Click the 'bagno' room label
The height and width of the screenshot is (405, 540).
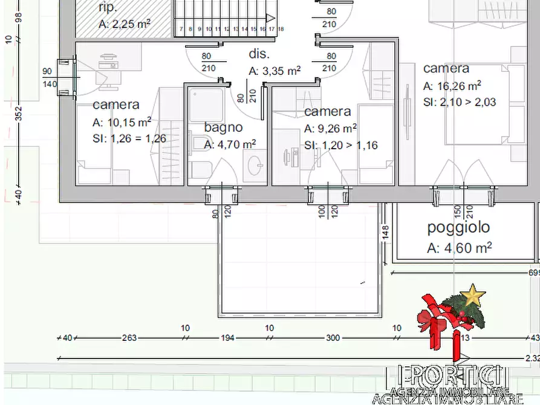click(x=223, y=128)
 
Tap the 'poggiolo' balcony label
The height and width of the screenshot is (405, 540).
click(x=458, y=228)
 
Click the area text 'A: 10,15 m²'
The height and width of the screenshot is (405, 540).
click(x=122, y=122)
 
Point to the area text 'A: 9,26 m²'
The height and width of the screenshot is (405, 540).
click(x=330, y=128)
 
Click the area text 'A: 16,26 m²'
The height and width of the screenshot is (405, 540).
click(x=452, y=85)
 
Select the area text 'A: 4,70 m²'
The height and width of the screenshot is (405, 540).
click(x=230, y=144)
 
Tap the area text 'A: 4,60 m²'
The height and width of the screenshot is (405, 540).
click(x=459, y=247)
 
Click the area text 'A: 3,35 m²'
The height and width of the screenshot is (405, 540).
click(x=275, y=71)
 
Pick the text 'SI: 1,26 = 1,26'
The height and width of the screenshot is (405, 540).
click(x=129, y=138)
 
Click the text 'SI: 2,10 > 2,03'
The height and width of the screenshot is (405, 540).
click(x=460, y=102)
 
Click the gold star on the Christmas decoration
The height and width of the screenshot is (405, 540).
click(x=472, y=296)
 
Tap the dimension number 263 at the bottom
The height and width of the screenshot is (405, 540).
click(x=129, y=338)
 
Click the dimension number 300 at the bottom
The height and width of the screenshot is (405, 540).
click(x=333, y=338)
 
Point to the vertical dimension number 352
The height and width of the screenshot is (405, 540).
click(x=18, y=114)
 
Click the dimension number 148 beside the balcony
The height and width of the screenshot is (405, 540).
click(x=385, y=232)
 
